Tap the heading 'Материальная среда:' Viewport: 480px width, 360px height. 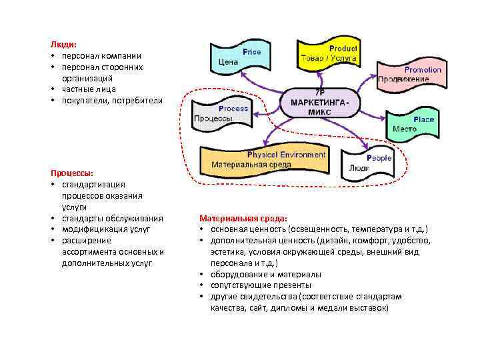click(243, 218)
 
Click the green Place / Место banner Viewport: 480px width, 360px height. click(414, 124)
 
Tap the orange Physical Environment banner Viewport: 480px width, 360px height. click(267, 160)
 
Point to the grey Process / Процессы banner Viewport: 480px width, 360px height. click(221, 113)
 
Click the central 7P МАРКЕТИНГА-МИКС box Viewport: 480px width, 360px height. click(320, 102)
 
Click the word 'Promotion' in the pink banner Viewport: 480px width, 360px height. click(423, 70)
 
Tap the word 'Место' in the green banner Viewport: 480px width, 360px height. click(405, 129)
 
